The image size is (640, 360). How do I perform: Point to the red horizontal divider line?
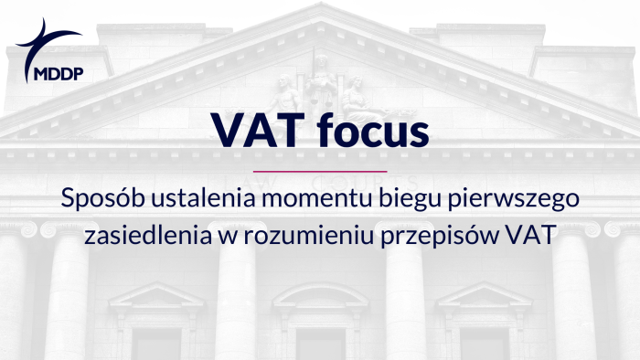tap(319, 171)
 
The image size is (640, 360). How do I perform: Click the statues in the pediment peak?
tap(320, 87)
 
